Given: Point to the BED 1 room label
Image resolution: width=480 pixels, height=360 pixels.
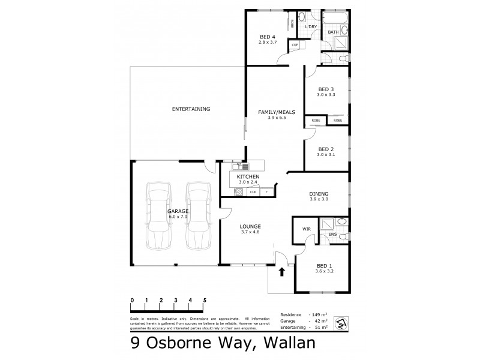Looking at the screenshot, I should [324, 265].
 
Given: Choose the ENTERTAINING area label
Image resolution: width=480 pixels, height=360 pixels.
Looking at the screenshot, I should [191, 109].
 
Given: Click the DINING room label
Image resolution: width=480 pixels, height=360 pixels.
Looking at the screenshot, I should [318, 194].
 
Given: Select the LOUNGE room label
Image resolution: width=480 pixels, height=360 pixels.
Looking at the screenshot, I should [250, 226].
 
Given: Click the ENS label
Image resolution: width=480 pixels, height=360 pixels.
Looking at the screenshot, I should [332, 235].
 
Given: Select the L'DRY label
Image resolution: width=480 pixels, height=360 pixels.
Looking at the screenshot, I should [311, 27].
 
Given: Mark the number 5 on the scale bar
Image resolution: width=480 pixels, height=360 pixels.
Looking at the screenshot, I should [205, 299].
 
